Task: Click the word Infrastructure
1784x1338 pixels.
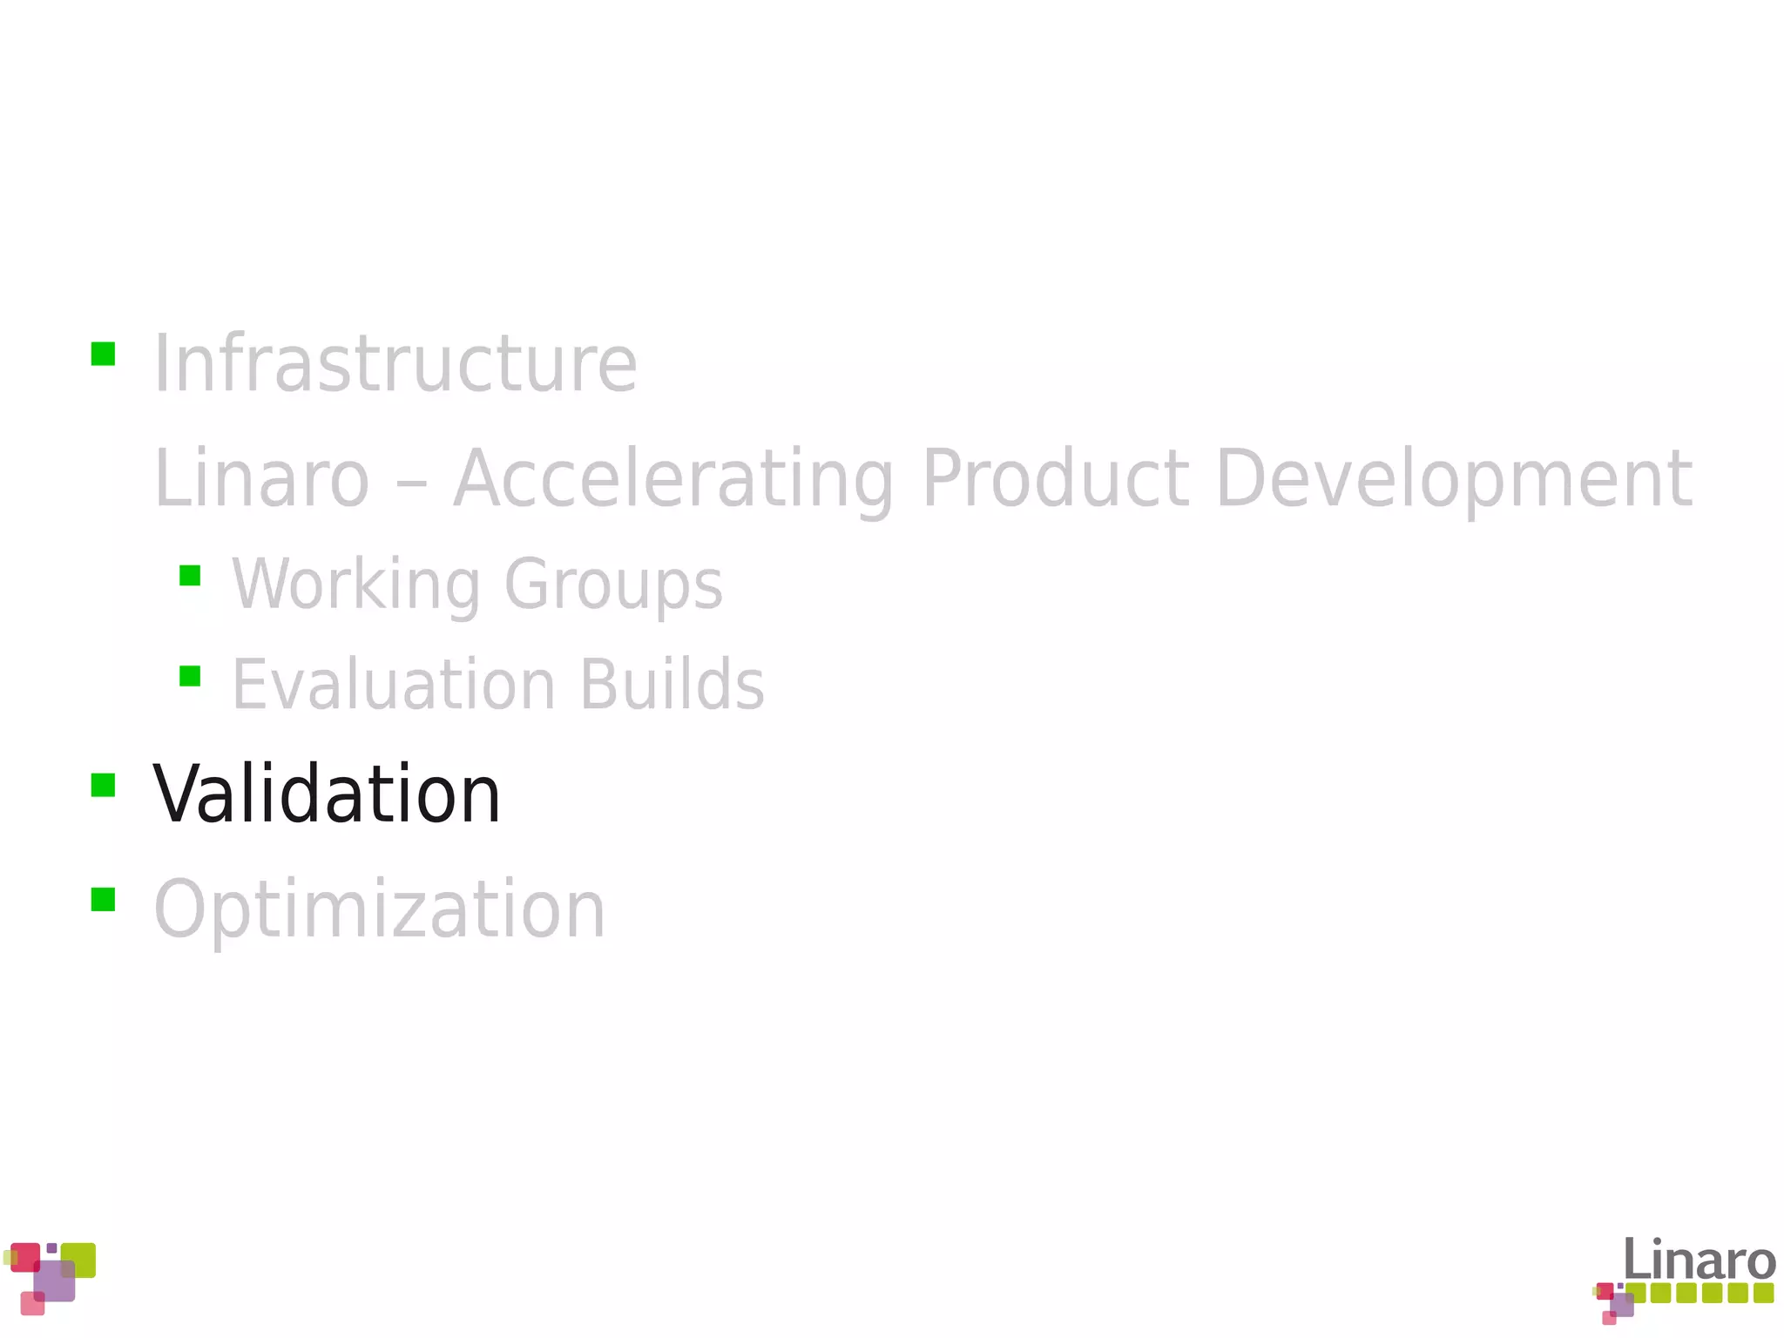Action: tap(395, 364)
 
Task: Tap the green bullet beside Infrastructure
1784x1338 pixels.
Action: tap(103, 354)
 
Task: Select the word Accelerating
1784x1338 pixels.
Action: tap(673, 478)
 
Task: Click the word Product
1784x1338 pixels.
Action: tap(1055, 478)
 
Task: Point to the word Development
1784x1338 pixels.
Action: tap(1454, 478)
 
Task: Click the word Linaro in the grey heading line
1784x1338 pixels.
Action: tap(261, 478)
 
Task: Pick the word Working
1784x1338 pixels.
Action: tap(355, 585)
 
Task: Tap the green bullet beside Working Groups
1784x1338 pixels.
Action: tap(190, 576)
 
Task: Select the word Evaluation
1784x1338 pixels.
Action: tap(394, 685)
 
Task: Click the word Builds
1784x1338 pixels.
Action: tap(672, 685)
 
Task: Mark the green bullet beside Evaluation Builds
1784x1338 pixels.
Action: tap(190, 676)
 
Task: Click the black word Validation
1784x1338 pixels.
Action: tap(327, 794)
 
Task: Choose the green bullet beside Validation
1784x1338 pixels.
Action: tap(103, 785)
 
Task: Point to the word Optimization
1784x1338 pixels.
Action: tap(379, 909)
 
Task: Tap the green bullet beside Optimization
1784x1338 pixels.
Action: tap(103, 899)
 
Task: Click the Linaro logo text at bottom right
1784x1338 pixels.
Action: tap(1699, 1260)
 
